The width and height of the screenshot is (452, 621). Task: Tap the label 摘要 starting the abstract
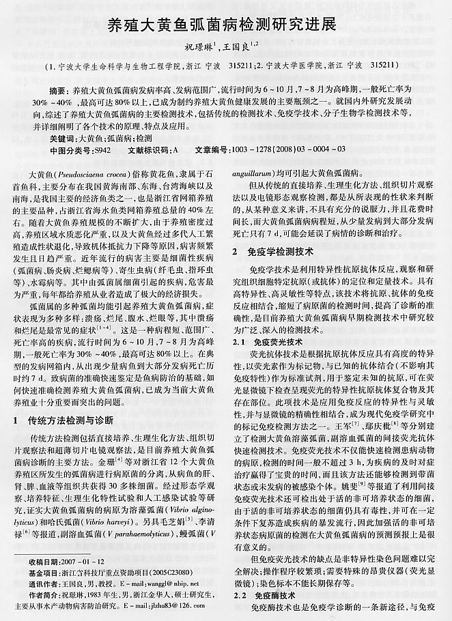click(60, 90)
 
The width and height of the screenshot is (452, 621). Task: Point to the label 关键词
click(63, 138)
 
